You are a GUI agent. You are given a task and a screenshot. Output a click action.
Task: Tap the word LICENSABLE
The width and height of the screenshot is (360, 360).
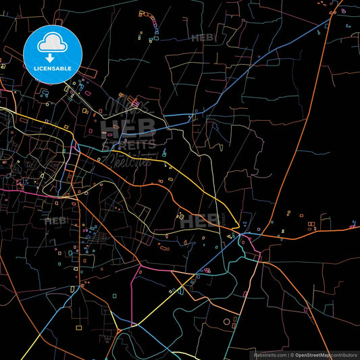pos(53,68)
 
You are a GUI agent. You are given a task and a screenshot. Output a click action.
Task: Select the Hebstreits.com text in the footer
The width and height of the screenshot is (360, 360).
pos(269,355)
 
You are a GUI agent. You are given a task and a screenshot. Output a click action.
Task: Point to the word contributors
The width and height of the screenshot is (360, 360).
pos(344,355)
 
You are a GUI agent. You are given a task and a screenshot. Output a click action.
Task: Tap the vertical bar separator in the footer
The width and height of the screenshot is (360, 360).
pos(288,355)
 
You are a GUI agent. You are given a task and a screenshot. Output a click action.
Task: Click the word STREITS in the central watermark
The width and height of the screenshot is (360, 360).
pos(128,144)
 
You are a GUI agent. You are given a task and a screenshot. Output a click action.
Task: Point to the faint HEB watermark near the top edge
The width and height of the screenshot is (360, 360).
pos(203,38)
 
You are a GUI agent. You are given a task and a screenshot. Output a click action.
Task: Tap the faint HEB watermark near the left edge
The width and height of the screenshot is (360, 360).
pos(55,221)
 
